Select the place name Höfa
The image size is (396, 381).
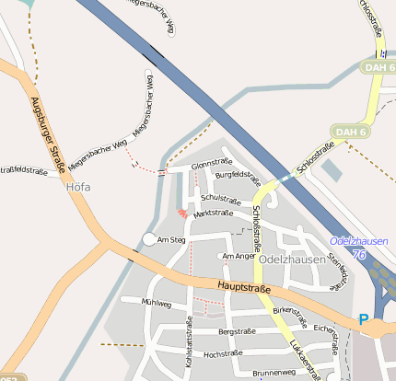[x=79, y=186]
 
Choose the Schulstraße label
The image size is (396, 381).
[x=220, y=199]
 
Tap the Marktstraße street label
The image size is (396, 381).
[x=213, y=213]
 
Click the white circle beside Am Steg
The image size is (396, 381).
[x=149, y=240]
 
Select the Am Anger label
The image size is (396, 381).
[x=239, y=256]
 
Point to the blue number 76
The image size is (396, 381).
[x=359, y=253]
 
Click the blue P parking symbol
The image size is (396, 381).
[x=363, y=319]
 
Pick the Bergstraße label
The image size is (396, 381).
[x=239, y=330]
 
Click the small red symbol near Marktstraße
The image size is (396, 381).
[x=181, y=213]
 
